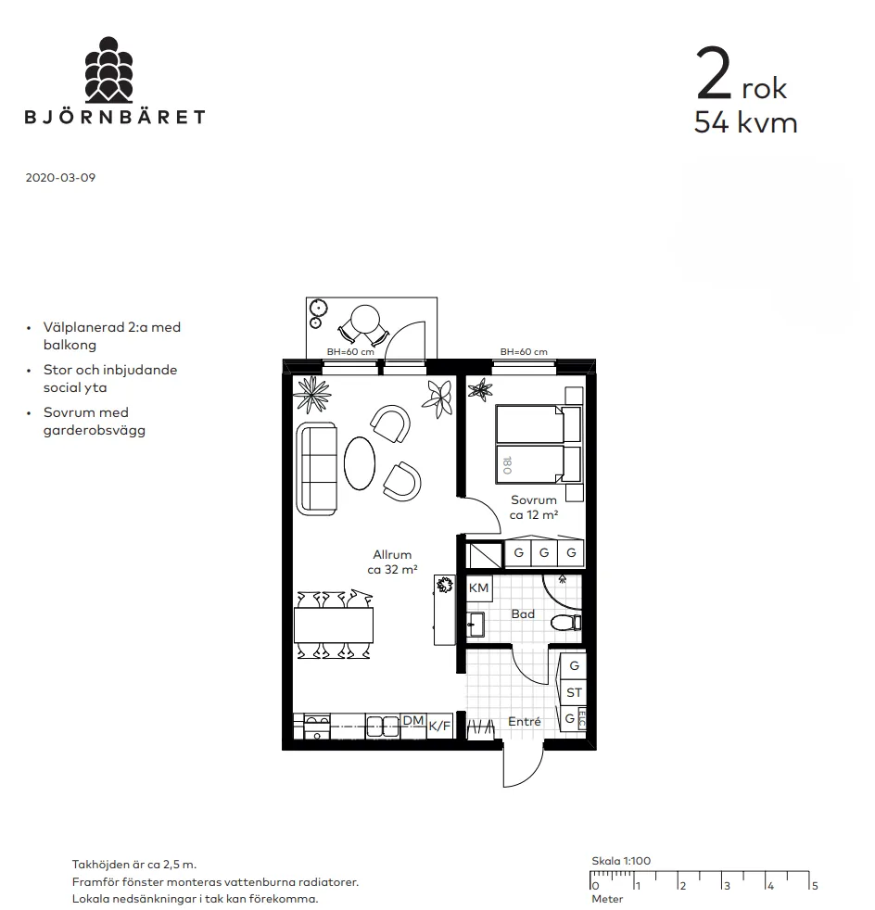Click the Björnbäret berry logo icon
point(108,70)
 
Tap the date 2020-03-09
point(60,178)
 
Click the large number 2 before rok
point(714,74)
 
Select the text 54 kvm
point(745,122)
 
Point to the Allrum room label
point(392,555)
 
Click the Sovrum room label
point(534,499)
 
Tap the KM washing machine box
point(479,588)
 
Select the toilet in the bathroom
point(564,623)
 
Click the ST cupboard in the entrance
point(574,692)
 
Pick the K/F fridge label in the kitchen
point(439,726)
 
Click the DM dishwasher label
point(413,720)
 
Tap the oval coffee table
point(360,463)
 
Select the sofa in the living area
point(316,469)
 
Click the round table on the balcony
point(366,319)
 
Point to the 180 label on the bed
point(507,465)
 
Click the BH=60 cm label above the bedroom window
point(524,352)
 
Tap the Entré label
point(525,721)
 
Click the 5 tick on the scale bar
point(815,886)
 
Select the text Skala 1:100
point(621,861)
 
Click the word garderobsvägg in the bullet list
point(94,431)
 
